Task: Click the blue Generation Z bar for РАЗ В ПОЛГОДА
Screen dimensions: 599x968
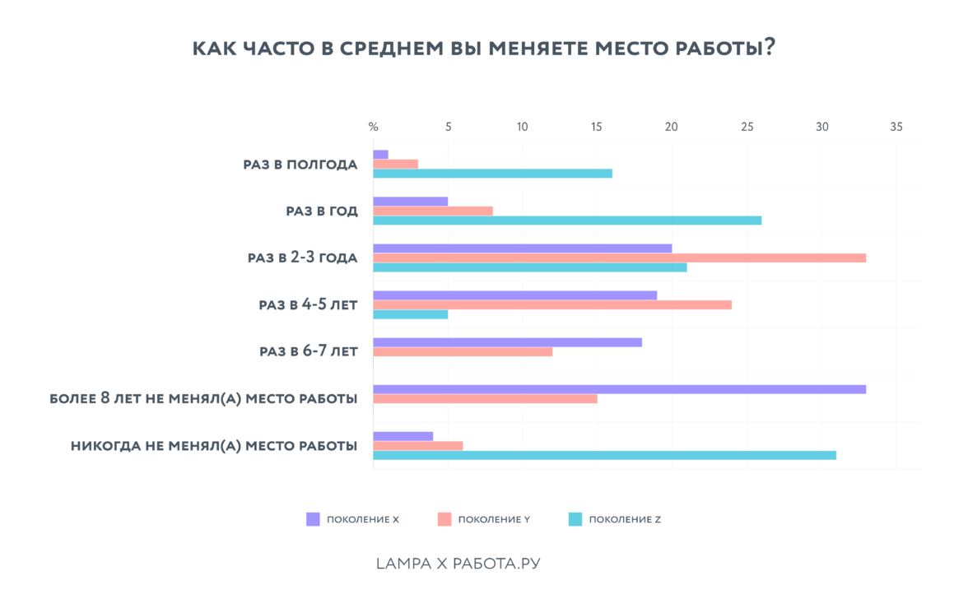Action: click(492, 174)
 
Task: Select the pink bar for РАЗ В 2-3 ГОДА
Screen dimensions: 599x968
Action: click(619, 258)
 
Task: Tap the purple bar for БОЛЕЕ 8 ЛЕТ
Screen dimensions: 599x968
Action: click(619, 389)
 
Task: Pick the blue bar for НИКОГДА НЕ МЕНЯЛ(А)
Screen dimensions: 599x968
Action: click(604, 455)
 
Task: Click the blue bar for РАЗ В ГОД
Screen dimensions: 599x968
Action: click(567, 221)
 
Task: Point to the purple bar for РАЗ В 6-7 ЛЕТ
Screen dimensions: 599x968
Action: click(507, 342)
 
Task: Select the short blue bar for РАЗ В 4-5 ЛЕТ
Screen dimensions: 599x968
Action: click(411, 314)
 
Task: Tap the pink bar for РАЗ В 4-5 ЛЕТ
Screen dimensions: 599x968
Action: click(552, 304)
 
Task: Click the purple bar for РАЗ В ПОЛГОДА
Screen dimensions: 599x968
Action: click(380, 155)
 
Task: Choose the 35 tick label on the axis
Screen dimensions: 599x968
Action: click(896, 127)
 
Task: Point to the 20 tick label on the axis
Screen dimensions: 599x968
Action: click(672, 127)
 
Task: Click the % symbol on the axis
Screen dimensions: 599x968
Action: click(373, 127)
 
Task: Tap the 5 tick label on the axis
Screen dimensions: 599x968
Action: click(448, 127)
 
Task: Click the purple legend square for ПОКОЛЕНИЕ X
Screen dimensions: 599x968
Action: click(313, 519)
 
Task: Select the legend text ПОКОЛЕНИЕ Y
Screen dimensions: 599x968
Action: click(494, 519)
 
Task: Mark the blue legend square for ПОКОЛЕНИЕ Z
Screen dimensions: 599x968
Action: click(575, 519)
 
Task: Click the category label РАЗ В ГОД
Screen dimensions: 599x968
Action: click(322, 211)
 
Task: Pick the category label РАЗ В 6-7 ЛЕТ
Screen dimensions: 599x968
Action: click(309, 351)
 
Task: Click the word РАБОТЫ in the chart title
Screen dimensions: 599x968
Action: click(719, 48)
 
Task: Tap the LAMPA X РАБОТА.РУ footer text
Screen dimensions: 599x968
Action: click(458, 564)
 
